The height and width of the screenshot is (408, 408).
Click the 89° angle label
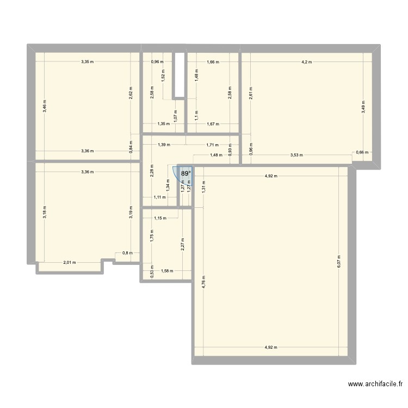point(186,174)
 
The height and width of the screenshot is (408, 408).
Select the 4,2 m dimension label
point(307,62)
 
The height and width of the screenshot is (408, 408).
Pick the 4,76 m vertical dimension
point(203,285)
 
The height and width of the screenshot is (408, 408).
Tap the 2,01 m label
point(70,263)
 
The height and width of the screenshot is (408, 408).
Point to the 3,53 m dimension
point(296,155)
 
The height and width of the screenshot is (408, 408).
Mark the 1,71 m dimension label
point(212,145)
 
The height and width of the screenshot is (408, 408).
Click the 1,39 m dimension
point(164,145)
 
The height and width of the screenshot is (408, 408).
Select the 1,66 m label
point(213,62)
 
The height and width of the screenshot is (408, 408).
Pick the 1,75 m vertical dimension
point(152,235)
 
